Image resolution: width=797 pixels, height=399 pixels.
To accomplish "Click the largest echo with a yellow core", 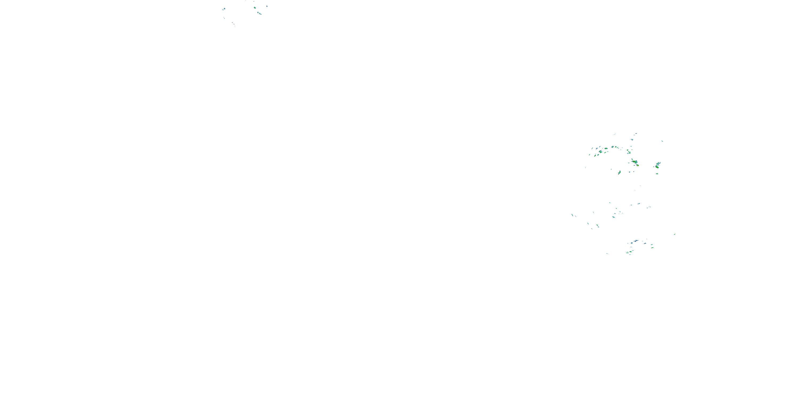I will (635, 162).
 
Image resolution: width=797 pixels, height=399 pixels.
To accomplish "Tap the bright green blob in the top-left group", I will (255, 8).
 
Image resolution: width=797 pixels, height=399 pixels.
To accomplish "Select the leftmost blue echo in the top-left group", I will (223, 9).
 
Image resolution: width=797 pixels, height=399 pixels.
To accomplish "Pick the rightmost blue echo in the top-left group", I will (267, 6).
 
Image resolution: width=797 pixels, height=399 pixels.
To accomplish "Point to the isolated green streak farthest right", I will (675, 234).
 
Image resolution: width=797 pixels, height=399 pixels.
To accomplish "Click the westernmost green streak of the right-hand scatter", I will (572, 215).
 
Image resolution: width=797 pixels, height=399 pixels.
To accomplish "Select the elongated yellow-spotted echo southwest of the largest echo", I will (619, 172).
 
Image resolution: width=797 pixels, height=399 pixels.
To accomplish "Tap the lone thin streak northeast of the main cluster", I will (662, 141).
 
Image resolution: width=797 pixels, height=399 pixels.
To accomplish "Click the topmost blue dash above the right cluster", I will (636, 134).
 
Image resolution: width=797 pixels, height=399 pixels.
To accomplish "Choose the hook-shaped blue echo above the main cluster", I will (632, 140).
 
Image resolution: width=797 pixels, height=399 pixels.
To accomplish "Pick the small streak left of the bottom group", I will (607, 253).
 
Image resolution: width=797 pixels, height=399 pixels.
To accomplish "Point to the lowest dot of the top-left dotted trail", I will (234, 24).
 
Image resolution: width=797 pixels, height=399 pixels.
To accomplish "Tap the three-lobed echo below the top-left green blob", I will (259, 13).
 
